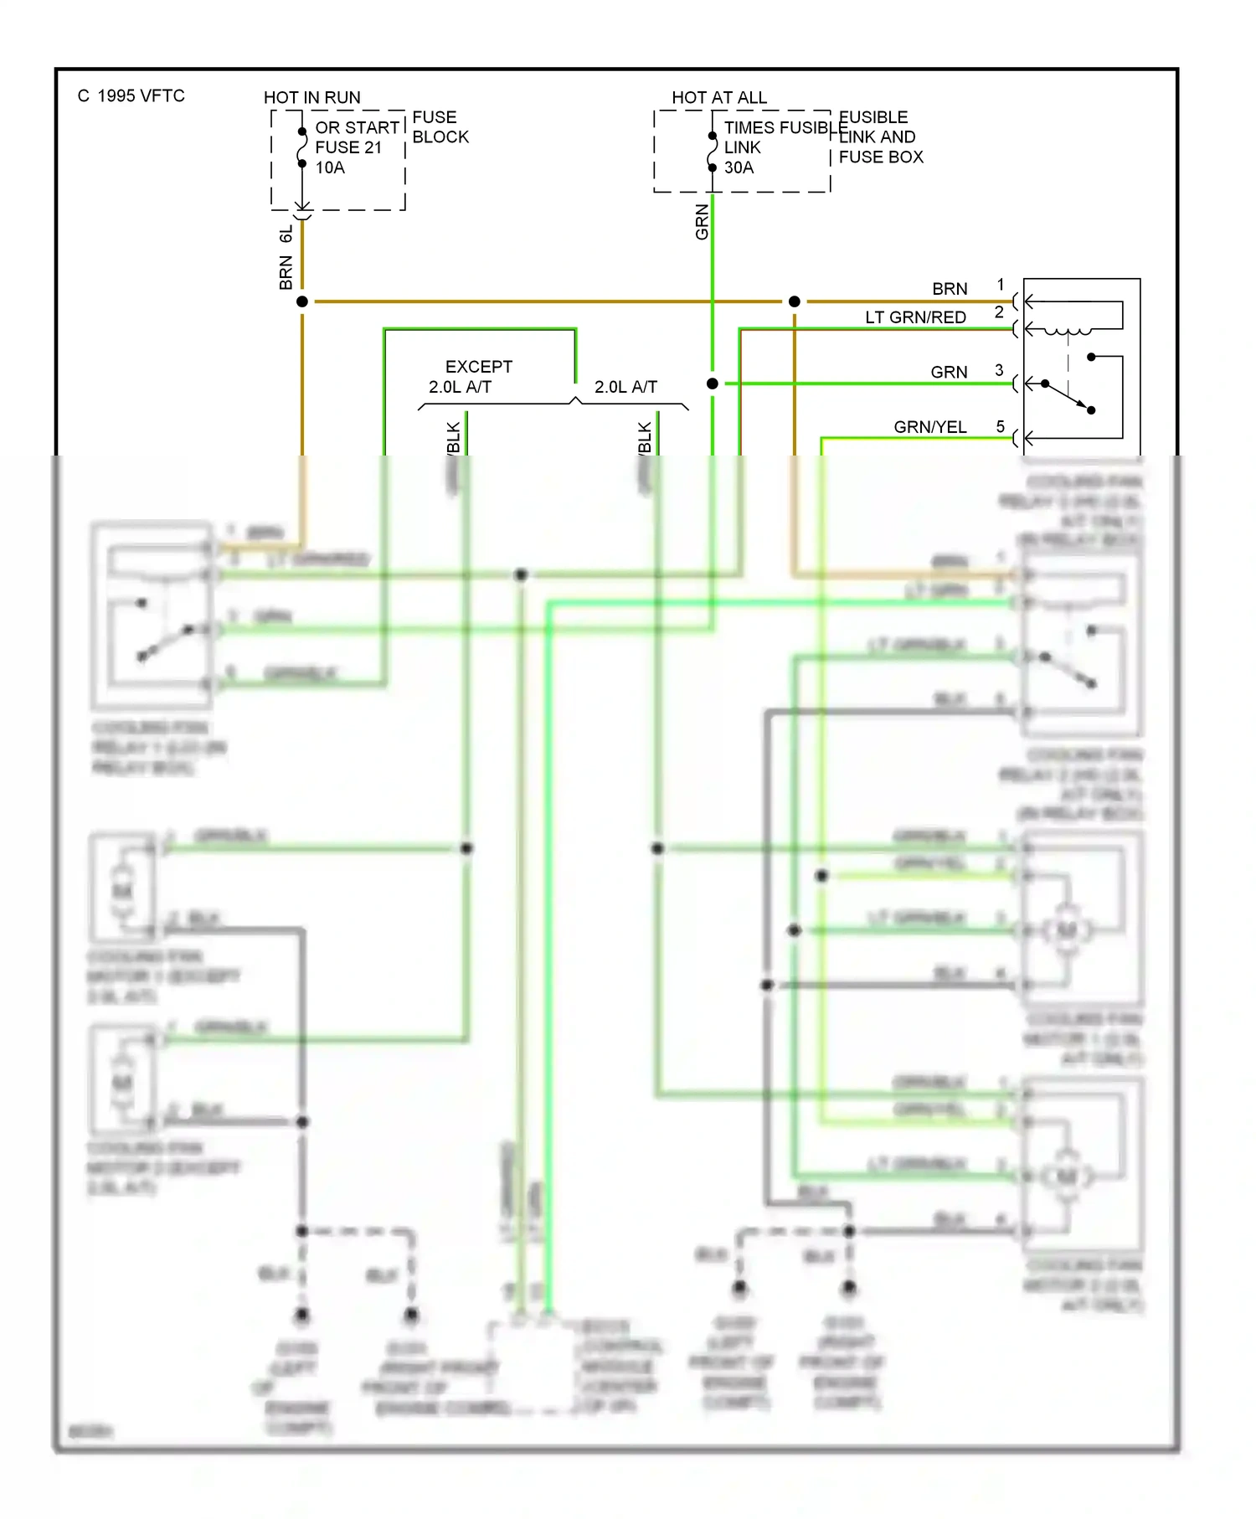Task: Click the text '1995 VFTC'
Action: [x=141, y=95]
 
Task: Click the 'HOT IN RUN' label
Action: [x=311, y=97]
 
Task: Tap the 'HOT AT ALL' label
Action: [x=718, y=97]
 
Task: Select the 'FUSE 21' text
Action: [x=348, y=147]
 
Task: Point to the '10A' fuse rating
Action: [x=330, y=167]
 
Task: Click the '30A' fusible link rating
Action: [x=739, y=167]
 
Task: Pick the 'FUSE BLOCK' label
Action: [x=440, y=127]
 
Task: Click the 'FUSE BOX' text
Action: [x=881, y=157]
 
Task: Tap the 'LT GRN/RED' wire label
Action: [x=915, y=317]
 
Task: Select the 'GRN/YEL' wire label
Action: [x=929, y=427]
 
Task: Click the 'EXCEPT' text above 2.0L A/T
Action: [x=478, y=367]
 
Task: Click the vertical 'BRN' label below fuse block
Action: [x=286, y=273]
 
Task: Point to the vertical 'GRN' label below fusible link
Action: [x=702, y=222]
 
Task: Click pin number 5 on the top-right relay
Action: [x=1000, y=426]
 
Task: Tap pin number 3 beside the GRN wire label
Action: [x=999, y=369]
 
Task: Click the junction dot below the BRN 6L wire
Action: [x=302, y=301]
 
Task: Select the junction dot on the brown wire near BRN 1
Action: [x=794, y=301]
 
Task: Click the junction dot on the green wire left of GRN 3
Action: [x=712, y=384]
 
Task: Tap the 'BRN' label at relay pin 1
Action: [x=950, y=289]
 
